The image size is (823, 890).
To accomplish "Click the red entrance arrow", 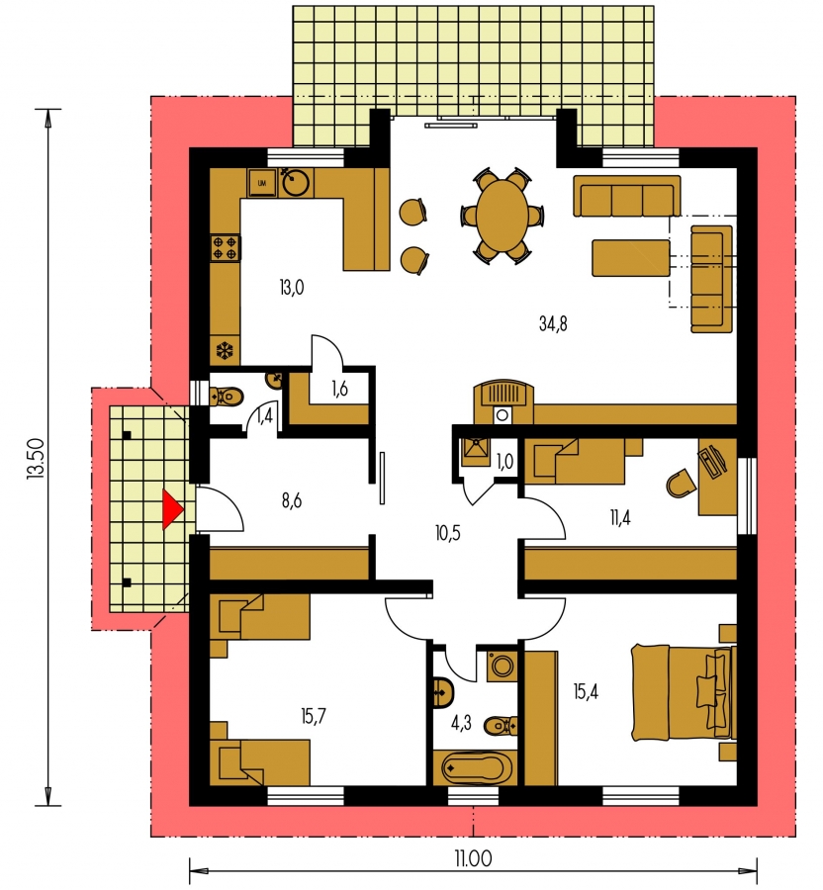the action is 171,509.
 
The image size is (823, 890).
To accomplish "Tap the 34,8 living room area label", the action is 553,324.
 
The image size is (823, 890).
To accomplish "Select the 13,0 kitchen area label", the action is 291,288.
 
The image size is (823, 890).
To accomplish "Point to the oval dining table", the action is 503,216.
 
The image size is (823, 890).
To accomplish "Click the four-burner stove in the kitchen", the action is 225,248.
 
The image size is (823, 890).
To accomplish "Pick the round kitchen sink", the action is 296,182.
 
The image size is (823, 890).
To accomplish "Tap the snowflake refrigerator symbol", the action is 225,350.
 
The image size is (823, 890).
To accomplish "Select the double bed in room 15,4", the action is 684,692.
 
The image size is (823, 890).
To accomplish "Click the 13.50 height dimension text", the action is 36,458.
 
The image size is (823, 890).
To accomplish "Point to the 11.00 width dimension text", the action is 472,858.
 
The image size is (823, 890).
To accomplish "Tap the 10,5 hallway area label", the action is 447,533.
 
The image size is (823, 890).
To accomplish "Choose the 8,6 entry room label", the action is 291,500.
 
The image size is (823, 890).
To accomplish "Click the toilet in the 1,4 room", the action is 227,395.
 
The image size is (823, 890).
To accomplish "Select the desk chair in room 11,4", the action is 680,484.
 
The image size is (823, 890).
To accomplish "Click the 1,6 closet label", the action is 339,389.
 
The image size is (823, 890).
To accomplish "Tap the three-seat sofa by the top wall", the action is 626,196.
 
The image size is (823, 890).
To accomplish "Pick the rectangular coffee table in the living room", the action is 630,258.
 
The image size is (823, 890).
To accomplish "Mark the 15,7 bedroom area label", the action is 314,716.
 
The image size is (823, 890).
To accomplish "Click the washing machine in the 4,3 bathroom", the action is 502,666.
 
